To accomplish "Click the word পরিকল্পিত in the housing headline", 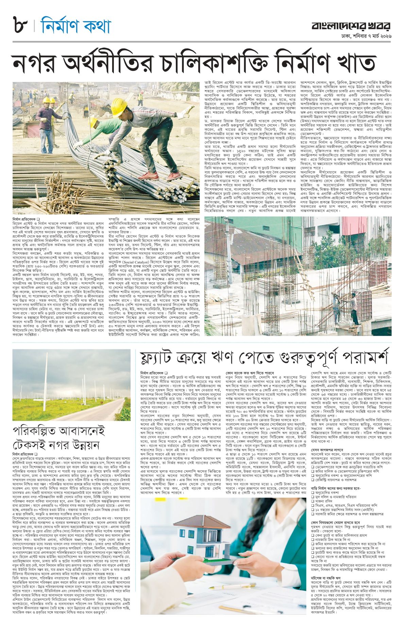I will [38, 431].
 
